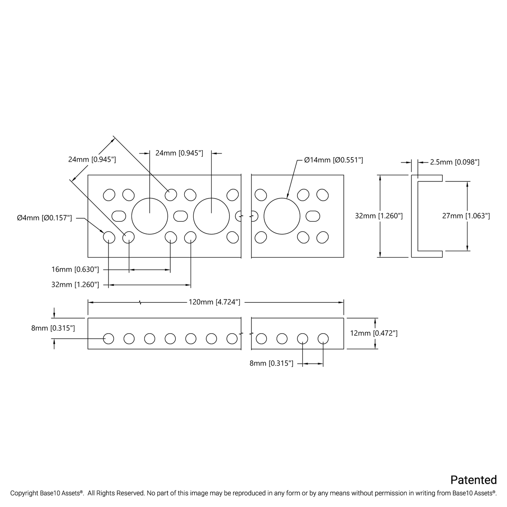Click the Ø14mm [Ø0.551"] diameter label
pyautogui.click(x=333, y=160)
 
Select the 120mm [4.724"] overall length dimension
pyautogui.click(x=214, y=302)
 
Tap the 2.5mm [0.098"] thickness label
pyautogui.click(x=454, y=162)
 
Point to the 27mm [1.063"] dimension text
pyautogui.click(x=466, y=216)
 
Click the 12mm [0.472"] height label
pyautogui.click(x=374, y=333)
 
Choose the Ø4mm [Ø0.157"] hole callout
pyautogui.click(x=45, y=218)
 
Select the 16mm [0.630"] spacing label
pyautogui.click(x=75, y=269)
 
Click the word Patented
pyautogui.click(x=473, y=480)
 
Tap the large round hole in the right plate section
pyautogui.click(x=282, y=216)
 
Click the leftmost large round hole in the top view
pyautogui.click(x=149, y=216)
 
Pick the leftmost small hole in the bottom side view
pyautogui.click(x=109, y=339)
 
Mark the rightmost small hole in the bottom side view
pyautogui.click(x=323, y=339)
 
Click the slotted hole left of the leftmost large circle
pyautogui.click(x=119, y=216)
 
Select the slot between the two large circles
pyautogui.click(x=180, y=216)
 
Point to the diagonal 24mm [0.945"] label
pyautogui.click(x=92, y=160)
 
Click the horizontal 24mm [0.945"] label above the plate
pyautogui.click(x=179, y=153)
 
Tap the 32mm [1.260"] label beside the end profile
pyautogui.click(x=379, y=216)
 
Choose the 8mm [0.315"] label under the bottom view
pyautogui.click(x=271, y=363)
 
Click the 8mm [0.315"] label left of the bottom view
pyautogui.click(x=53, y=328)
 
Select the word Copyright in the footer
pyautogui.click(x=24, y=493)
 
